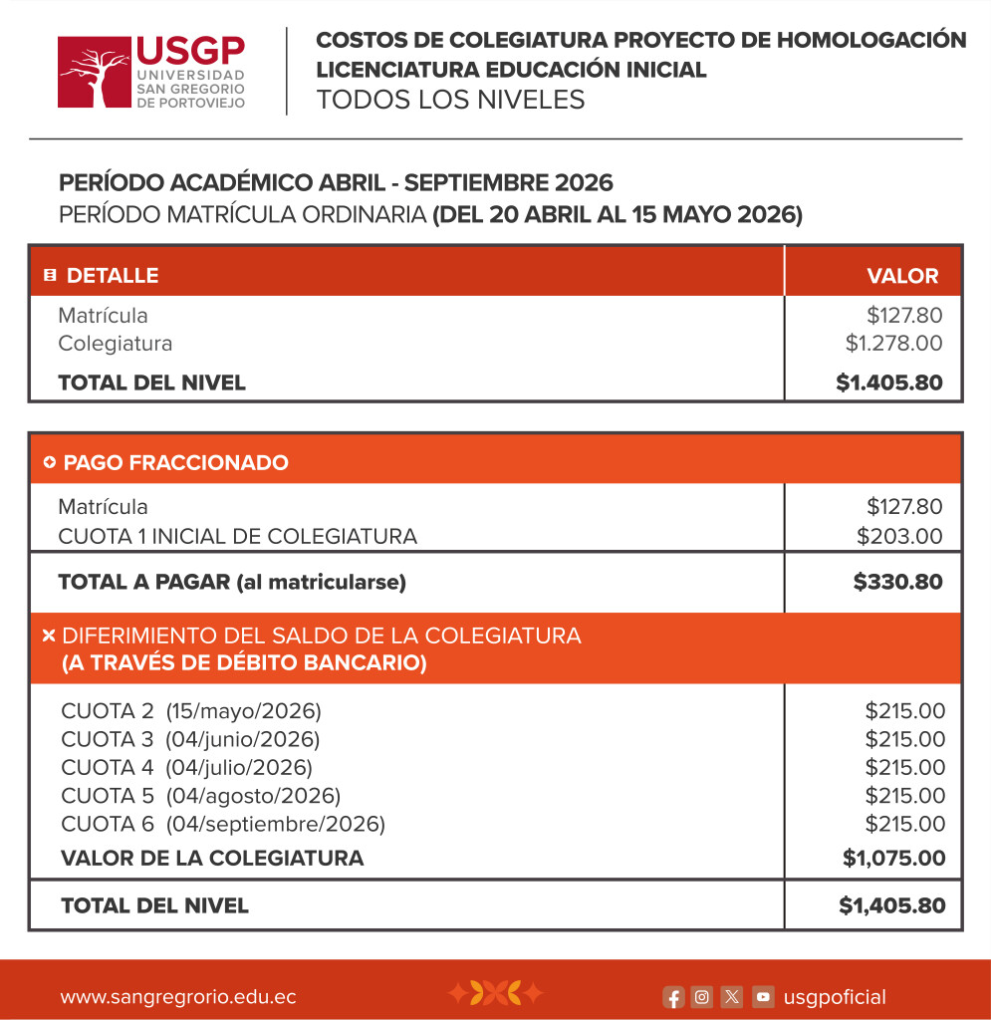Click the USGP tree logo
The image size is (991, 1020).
coord(95,72)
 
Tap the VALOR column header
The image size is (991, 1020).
coord(902,276)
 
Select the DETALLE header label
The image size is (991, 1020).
coord(112,276)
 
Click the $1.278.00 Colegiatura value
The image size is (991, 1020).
coord(893,344)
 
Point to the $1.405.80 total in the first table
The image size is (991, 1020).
coord(889,382)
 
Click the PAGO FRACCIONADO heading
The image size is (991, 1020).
coord(175,462)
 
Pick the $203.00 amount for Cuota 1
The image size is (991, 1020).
coord(899,536)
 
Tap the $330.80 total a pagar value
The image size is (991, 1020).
coord(897,582)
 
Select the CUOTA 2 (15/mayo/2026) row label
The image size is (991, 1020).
coord(191,711)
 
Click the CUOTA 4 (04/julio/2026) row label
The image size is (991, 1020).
coord(186,767)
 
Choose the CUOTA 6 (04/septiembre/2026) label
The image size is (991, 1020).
coord(222,824)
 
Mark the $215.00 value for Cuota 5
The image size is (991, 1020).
coord(904,796)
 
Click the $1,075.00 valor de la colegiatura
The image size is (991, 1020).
coord(893,858)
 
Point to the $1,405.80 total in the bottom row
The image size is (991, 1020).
coord(891,905)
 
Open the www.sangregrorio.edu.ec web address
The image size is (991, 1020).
coord(178,997)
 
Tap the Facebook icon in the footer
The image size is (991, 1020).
coord(673,997)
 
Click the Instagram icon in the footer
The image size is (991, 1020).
coord(702,997)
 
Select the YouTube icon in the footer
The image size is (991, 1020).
coord(763,997)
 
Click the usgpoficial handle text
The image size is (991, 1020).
coord(835,997)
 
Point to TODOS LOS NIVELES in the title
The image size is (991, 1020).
coord(450,100)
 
